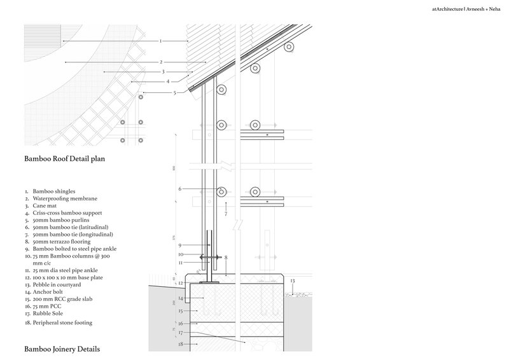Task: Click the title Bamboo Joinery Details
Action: click(x=62, y=349)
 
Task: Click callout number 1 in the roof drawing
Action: click(x=161, y=41)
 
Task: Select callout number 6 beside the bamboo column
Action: click(x=180, y=189)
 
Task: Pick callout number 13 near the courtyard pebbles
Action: click(x=293, y=280)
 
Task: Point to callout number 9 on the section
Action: click(x=180, y=246)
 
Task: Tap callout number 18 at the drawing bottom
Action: click(x=181, y=344)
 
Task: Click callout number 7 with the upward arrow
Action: click(x=225, y=214)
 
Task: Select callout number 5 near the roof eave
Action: click(x=174, y=93)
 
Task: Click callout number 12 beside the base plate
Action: click(x=181, y=282)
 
